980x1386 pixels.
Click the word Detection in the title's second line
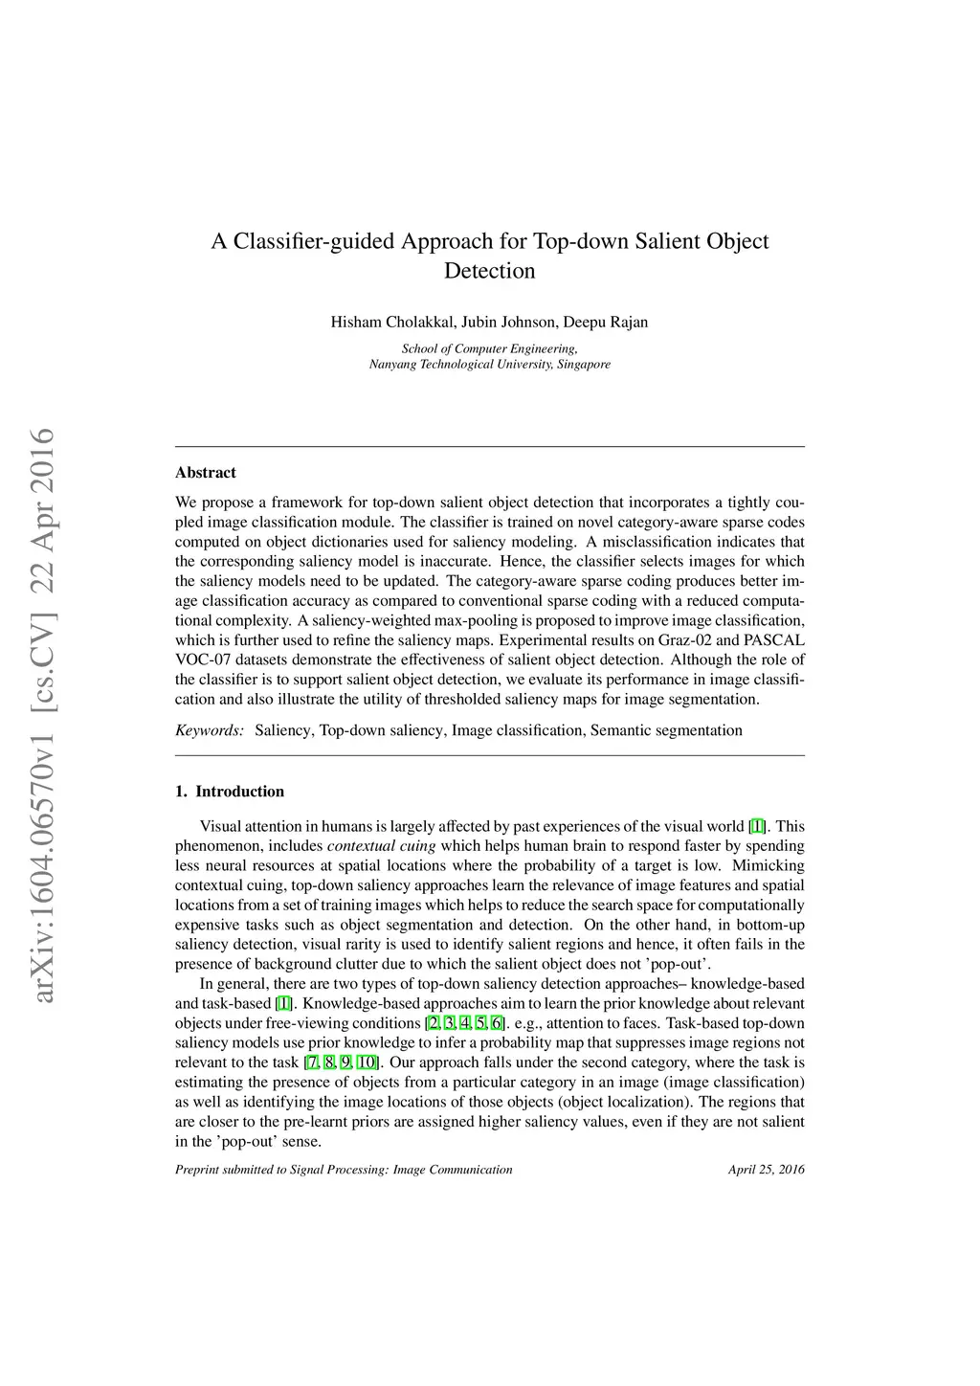click(x=489, y=271)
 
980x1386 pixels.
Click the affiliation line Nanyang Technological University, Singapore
click(x=489, y=365)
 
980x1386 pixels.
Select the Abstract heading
click(x=206, y=473)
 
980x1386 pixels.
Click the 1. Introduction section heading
click(x=230, y=792)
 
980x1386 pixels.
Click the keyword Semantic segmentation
click(x=666, y=731)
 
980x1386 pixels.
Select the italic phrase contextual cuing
click(x=382, y=846)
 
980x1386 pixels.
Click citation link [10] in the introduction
click(x=367, y=1062)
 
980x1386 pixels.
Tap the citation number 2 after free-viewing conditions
click(x=434, y=1023)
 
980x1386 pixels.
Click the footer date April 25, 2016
click(x=766, y=1170)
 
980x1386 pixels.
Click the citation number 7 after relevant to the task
click(x=313, y=1062)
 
